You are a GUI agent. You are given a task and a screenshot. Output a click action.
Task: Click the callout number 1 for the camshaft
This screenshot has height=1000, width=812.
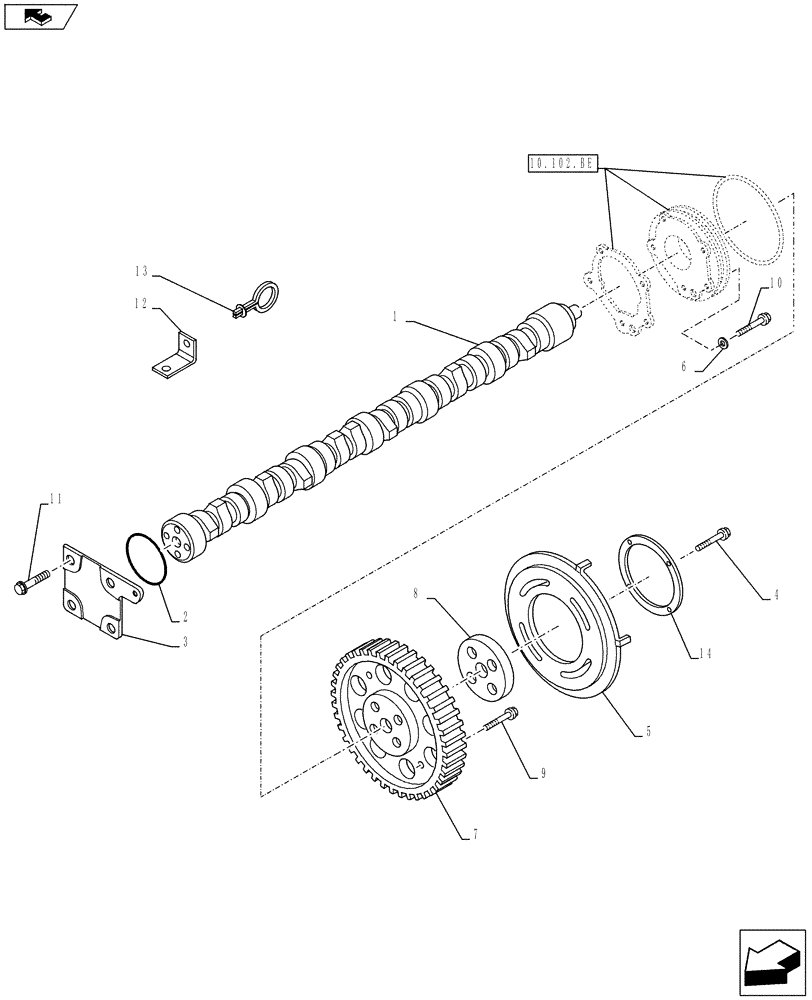point(396,316)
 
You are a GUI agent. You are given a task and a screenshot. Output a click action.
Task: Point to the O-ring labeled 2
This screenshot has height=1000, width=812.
point(146,559)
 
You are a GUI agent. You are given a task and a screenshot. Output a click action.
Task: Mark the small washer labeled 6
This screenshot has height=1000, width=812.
point(721,345)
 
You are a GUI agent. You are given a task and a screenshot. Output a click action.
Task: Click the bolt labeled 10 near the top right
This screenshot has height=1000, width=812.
point(754,324)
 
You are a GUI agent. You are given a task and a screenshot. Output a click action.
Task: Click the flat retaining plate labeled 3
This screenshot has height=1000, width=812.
point(97,590)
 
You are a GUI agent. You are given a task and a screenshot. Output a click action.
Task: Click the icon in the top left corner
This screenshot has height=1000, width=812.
point(39,17)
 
